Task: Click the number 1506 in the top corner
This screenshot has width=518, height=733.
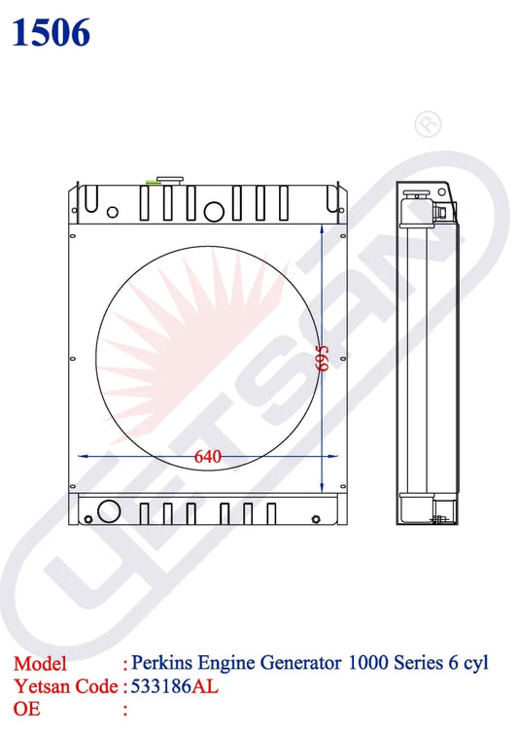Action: coord(51,33)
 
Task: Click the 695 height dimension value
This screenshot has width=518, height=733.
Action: coord(323,359)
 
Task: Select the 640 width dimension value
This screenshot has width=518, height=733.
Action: coord(208,457)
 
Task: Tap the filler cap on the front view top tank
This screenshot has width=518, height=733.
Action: coord(170,181)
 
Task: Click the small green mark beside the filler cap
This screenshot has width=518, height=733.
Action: coord(154,183)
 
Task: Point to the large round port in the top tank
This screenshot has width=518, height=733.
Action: coord(214,211)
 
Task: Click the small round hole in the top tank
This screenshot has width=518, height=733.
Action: coord(113,212)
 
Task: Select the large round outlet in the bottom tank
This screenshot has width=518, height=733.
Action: coord(109,511)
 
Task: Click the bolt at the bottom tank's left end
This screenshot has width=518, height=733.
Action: coord(88,519)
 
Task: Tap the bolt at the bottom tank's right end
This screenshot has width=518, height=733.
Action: coord(316,519)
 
